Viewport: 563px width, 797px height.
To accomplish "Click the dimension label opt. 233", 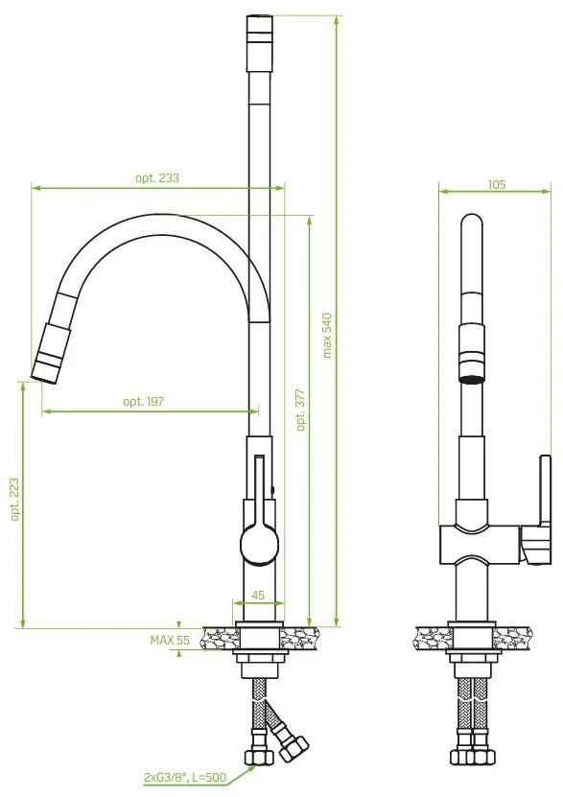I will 157,177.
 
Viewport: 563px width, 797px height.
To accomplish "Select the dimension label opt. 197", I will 143,402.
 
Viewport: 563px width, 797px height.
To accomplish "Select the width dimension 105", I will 496,184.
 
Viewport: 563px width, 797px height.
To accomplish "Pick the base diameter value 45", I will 257,596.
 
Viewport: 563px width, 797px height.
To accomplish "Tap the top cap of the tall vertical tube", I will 259,29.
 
